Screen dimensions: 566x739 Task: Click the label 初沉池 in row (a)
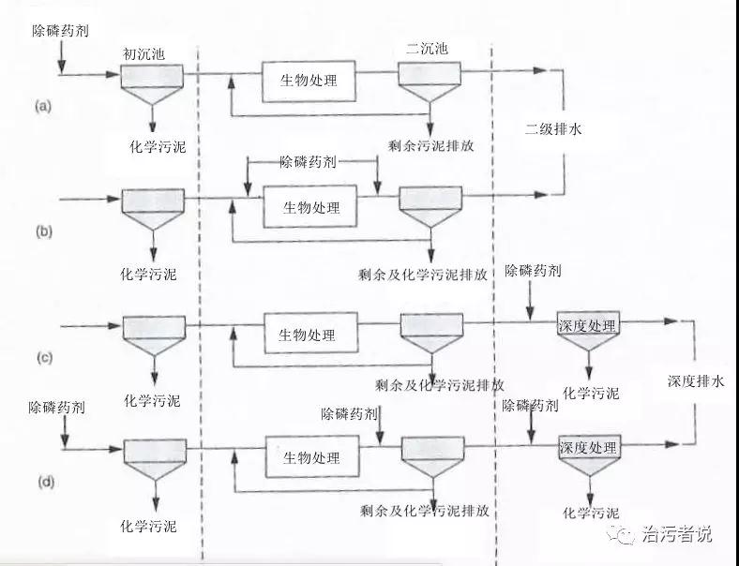pyautogui.click(x=143, y=53)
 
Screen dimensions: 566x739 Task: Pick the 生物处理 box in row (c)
pyautogui.click(x=308, y=335)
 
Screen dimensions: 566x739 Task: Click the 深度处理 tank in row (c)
pyautogui.click(x=587, y=325)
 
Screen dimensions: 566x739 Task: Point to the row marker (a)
pyautogui.click(x=43, y=106)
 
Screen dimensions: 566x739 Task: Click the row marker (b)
pyautogui.click(x=43, y=230)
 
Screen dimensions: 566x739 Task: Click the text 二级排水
pyautogui.click(x=553, y=130)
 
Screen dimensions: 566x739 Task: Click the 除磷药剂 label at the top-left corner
pyautogui.click(x=61, y=31)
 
